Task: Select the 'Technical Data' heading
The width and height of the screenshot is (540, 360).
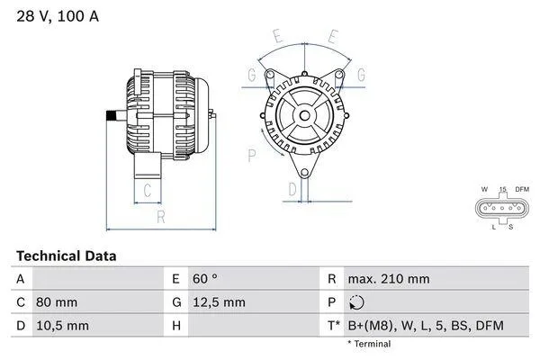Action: click(66, 256)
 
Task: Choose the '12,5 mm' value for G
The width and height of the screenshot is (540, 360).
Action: click(220, 302)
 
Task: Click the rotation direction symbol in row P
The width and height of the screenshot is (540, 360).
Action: click(356, 302)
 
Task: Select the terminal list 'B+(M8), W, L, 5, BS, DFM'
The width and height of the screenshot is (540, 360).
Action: click(425, 325)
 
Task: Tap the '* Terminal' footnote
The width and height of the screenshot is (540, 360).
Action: click(369, 344)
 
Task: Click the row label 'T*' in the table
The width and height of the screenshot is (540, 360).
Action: click(333, 325)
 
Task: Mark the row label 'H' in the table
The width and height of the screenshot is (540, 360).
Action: click(176, 325)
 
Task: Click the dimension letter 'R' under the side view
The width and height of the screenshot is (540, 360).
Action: click(160, 216)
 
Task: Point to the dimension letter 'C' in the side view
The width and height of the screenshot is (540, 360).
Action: click(147, 190)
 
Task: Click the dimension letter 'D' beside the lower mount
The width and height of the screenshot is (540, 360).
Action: click(292, 189)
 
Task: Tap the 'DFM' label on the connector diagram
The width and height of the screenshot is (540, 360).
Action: click(521, 189)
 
